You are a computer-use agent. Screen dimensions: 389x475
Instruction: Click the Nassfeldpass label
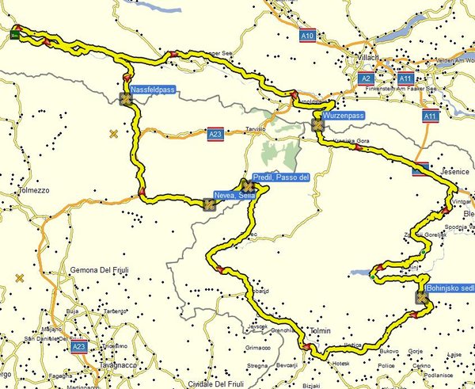(x=153, y=90)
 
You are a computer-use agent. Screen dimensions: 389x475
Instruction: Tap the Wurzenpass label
(x=344, y=116)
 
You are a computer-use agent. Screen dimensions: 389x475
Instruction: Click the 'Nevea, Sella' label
(x=234, y=195)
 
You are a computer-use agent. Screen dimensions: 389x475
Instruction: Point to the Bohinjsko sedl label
(x=450, y=288)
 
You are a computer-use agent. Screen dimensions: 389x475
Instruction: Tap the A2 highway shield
(x=366, y=79)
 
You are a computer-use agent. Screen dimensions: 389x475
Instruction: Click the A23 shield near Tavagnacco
(x=78, y=346)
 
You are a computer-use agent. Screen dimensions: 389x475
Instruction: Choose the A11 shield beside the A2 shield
(x=405, y=79)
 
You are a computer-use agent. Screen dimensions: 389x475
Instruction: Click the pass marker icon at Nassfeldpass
(x=126, y=98)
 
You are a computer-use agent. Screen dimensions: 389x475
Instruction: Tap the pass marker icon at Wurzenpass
(x=317, y=124)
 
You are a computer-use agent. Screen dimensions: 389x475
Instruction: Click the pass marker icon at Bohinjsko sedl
(x=420, y=299)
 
